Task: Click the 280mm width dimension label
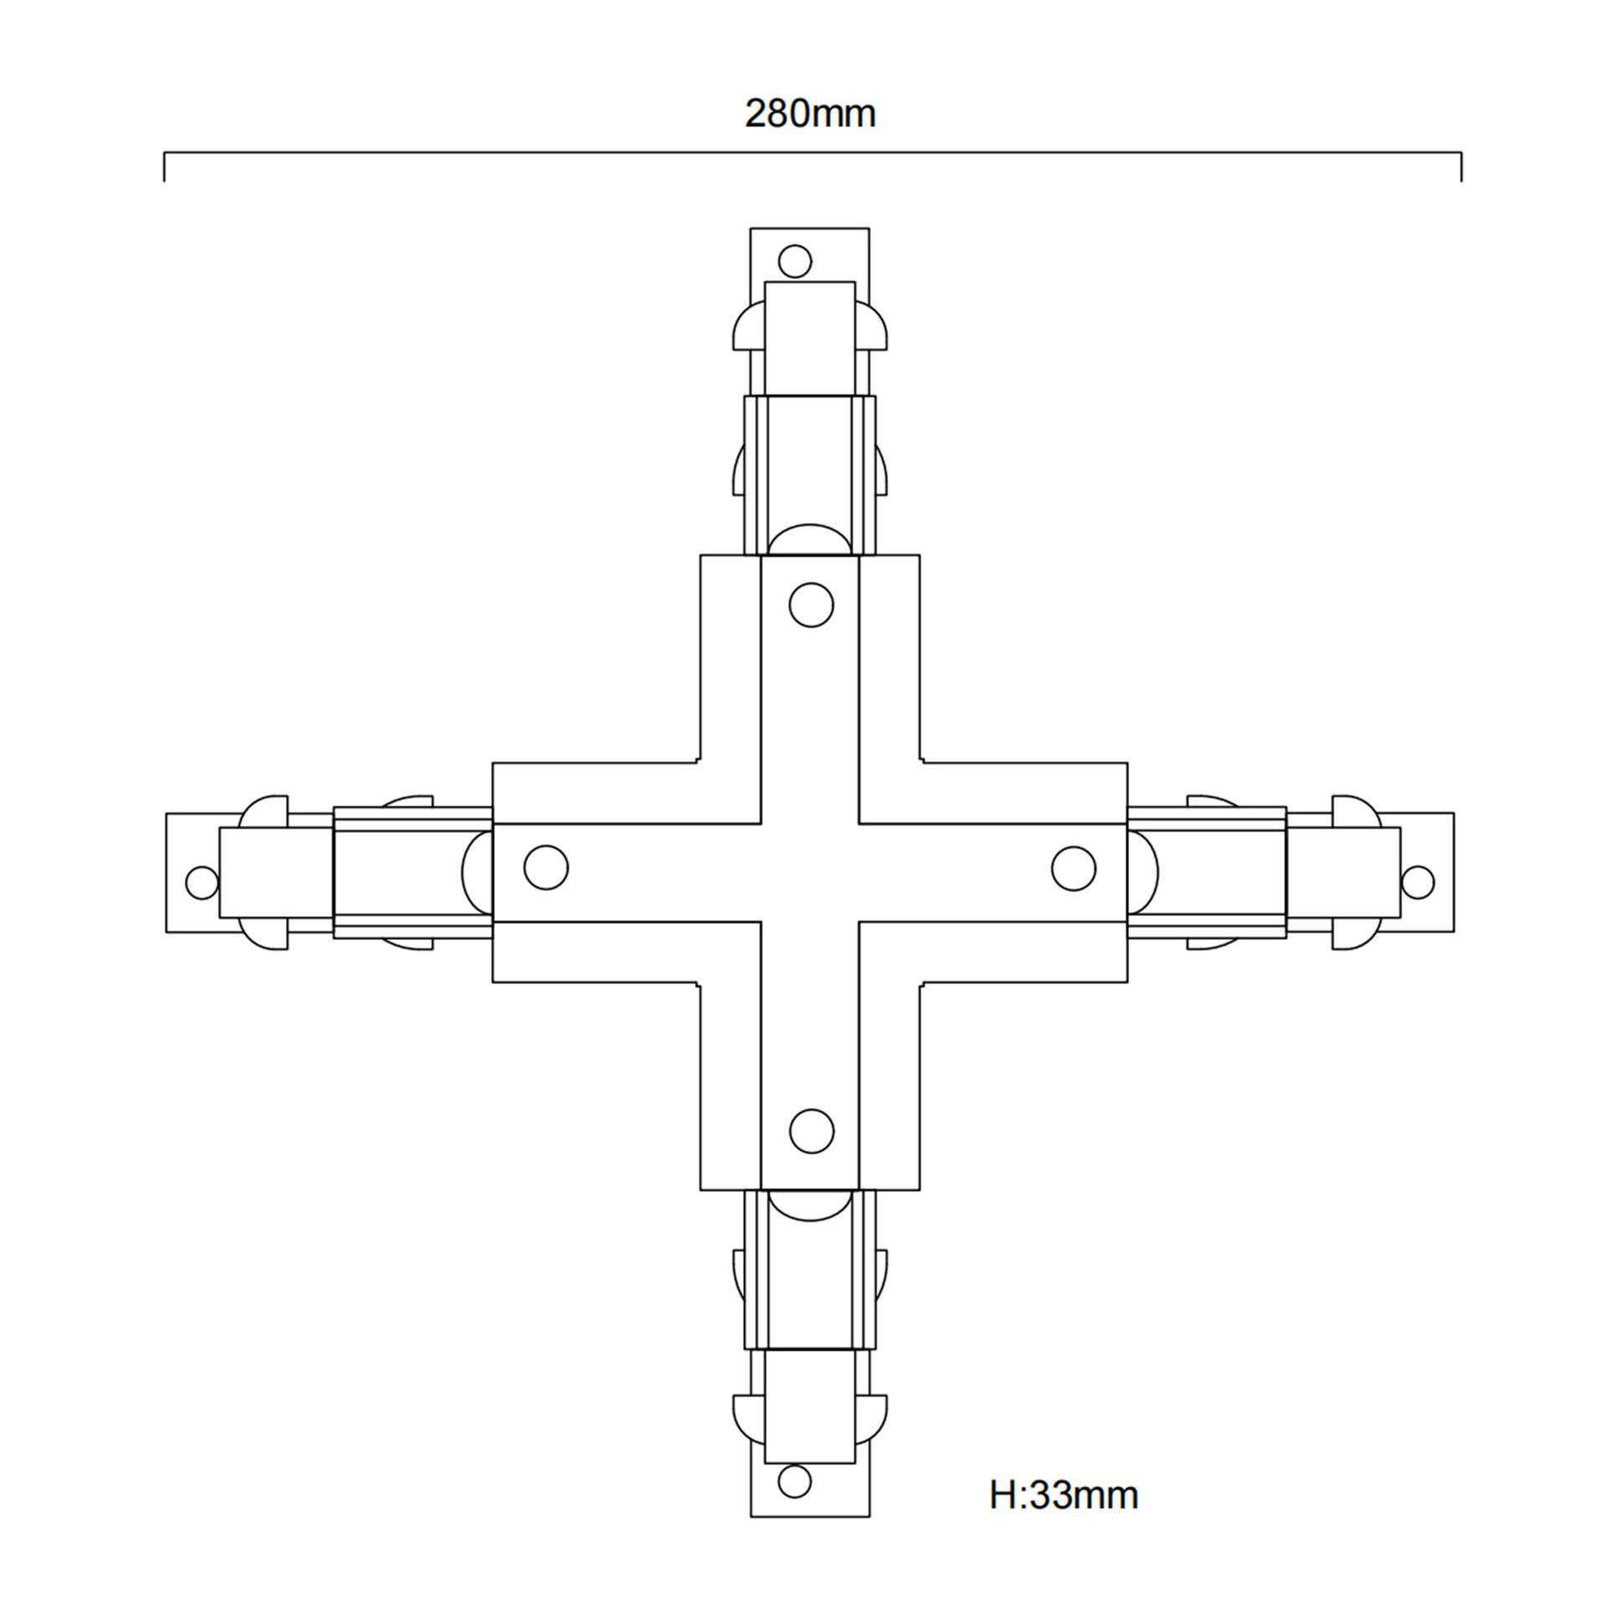(x=810, y=114)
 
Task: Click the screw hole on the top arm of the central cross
(x=811, y=604)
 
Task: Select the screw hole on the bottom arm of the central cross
(x=811, y=1132)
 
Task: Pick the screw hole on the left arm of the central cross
(x=546, y=867)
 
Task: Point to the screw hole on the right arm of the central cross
(x=1074, y=868)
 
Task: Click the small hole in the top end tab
(x=795, y=261)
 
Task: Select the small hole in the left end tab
(x=201, y=882)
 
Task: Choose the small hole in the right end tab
(x=1417, y=882)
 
